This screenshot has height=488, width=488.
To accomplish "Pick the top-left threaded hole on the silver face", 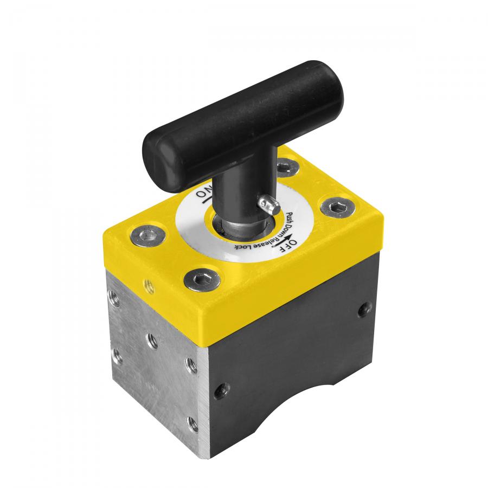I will [114, 296].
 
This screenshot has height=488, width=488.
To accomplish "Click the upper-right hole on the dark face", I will [362, 310].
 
